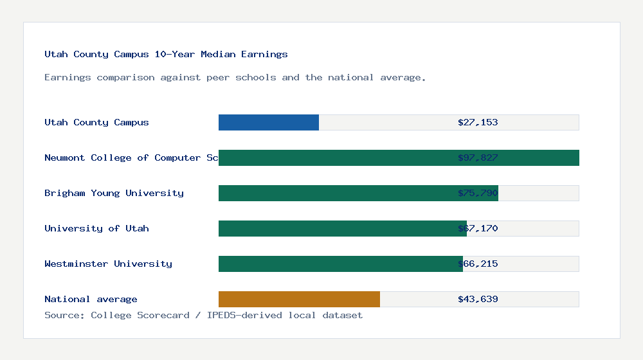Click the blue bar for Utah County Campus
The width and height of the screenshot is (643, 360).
pos(269,122)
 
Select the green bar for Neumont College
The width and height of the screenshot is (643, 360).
pos(334,157)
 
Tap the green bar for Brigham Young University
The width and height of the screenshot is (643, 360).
pos(334,193)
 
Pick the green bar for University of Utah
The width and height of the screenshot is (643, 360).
pos(334,228)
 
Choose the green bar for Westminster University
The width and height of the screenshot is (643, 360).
pos(334,264)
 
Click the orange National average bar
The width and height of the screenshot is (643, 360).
pos(299,299)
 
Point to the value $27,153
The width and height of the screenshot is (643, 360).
pos(478,122)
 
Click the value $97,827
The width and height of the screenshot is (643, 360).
pos(478,157)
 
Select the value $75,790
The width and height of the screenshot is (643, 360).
pos(478,193)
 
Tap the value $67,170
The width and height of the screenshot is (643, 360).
pos(478,228)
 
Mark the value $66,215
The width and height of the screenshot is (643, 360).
pos(478,264)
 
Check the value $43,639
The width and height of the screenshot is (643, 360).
pos(478,299)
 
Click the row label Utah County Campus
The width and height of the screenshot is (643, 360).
pos(96,122)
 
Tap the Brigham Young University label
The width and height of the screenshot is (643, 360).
pos(114,193)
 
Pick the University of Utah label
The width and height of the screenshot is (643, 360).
pos(96,228)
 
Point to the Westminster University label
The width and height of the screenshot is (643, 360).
pos(108,264)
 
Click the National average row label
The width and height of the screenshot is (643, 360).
pos(91,299)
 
